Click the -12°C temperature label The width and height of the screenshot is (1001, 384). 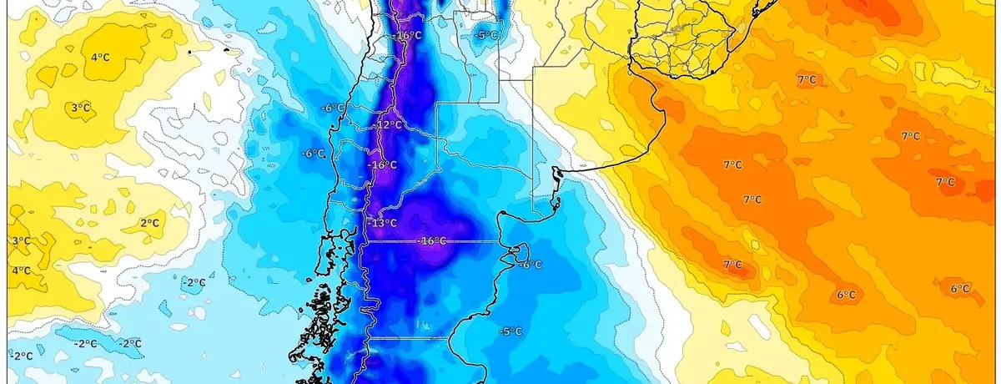(x=389, y=125)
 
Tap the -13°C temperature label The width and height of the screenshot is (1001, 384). (x=382, y=223)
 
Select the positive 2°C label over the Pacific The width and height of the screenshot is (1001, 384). (x=150, y=223)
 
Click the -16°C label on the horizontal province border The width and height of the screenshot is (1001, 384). (x=432, y=241)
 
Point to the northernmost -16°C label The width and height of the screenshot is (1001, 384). (x=409, y=36)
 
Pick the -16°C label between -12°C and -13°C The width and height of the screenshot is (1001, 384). (x=383, y=165)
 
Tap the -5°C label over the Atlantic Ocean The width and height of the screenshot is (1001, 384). (x=510, y=331)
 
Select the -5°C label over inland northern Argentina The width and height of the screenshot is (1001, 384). (x=486, y=36)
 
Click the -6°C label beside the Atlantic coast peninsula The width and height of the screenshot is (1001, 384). (x=531, y=265)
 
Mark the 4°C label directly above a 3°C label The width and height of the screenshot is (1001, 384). (x=100, y=57)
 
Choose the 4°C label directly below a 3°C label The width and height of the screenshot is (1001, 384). (x=22, y=270)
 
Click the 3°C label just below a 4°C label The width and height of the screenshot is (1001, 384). (x=81, y=107)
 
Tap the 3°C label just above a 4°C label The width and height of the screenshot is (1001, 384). (x=22, y=241)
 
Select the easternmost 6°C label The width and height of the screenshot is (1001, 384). (x=960, y=289)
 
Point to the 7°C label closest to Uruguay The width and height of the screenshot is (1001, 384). (x=806, y=80)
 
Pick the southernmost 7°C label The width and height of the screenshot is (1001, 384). (x=732, y=265)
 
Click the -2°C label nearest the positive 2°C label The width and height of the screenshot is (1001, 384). (x=194, y=283)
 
